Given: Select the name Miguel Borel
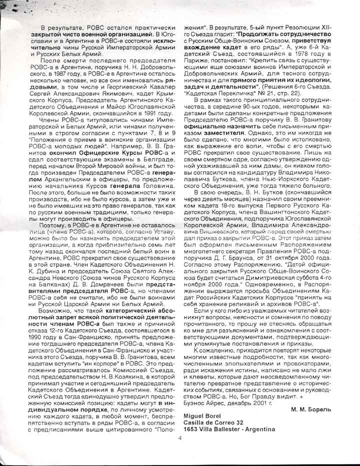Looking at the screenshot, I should (202, 416).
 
